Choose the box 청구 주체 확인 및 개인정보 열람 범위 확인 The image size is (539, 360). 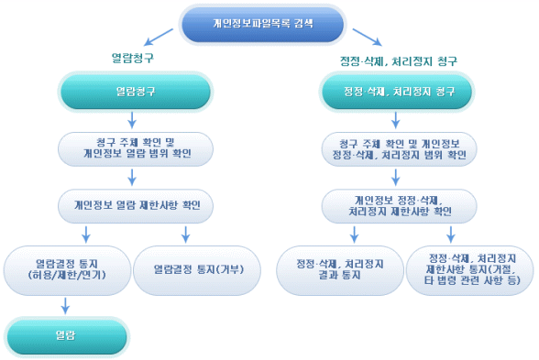[x=136, y=147]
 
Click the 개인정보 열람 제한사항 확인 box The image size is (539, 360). [x=136, y=204]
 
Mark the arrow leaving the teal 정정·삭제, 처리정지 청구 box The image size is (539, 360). [x=396, y=120]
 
